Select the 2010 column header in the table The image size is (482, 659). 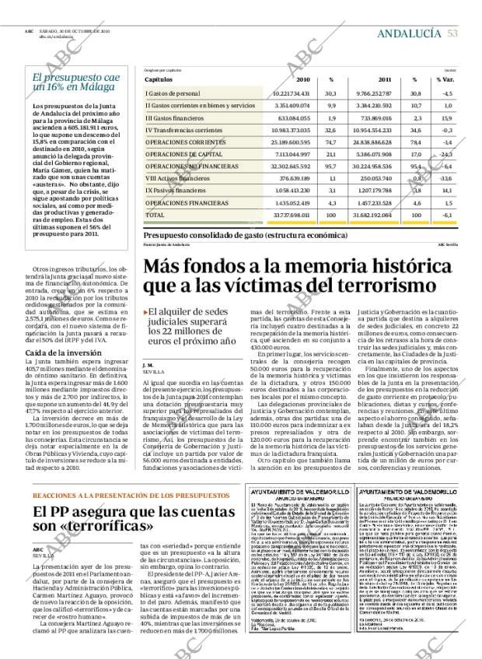pos(302,79)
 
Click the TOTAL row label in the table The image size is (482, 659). pos(155,214)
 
